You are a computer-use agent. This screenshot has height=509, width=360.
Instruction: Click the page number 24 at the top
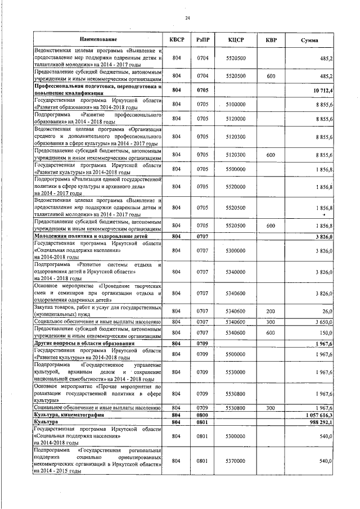[187, 19]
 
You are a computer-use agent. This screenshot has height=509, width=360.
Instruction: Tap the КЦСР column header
[235, 40]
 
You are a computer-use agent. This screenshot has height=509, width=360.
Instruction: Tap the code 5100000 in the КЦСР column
[235, 105]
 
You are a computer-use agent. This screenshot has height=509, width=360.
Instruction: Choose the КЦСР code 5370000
[235, 461]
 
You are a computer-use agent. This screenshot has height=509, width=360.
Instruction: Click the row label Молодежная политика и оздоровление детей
[81, 237]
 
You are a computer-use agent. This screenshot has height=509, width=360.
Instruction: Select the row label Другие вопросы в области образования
[75, 343]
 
